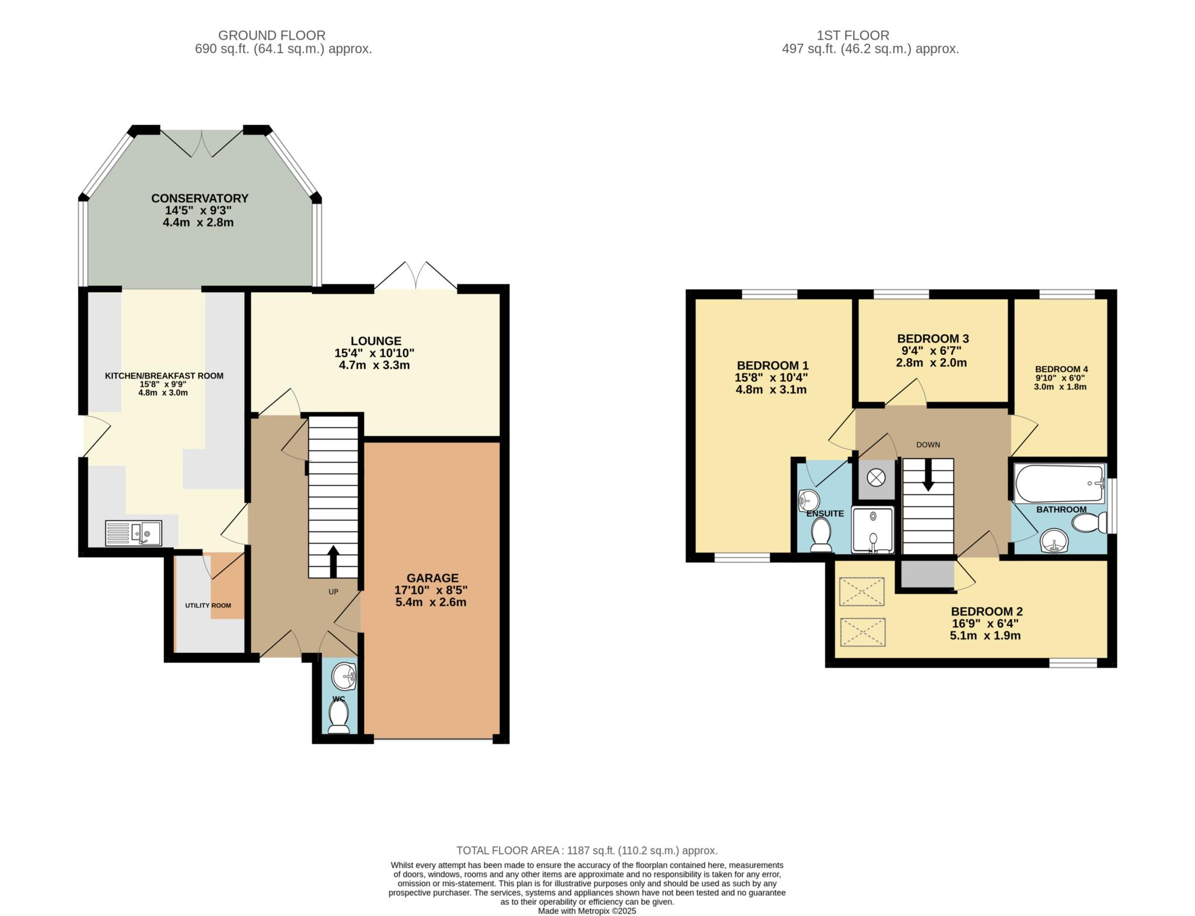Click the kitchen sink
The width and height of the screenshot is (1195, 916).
[134, 533]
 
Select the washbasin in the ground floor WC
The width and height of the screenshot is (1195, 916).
[343, 677]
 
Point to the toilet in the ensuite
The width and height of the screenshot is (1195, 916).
[821, 535]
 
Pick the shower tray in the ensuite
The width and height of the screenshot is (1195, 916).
[873, 530]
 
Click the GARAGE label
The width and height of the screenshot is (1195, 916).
[432, 578]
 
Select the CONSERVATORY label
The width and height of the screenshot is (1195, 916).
[200, 198]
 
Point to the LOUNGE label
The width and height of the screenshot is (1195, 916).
[376, 341]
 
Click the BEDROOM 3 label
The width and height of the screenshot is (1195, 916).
[933, 338]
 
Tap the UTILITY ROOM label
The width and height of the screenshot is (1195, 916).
[208, 605]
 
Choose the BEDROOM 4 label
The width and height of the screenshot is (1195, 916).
[1061, 369]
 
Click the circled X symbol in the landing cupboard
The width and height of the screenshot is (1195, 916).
[875, 478]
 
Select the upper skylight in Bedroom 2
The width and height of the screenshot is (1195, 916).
[862, 592]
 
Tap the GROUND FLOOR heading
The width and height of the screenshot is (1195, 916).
[272, 36]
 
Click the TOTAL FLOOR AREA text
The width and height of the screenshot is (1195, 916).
[587, 851]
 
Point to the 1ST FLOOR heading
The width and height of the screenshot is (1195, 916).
[853, 36]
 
